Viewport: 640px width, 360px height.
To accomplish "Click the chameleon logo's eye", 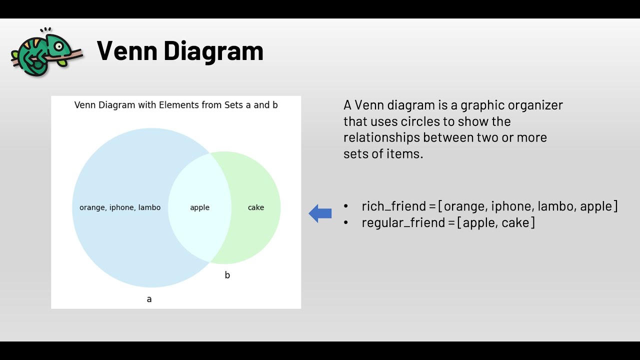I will [x=59, y=46].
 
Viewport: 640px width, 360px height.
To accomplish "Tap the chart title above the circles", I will [x=176, y=105].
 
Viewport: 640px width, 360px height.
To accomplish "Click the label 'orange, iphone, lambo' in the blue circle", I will [x=120, y=207].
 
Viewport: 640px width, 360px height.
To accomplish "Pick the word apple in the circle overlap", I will [x=199, y=207].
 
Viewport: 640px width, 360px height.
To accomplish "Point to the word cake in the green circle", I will [x=255, y=207].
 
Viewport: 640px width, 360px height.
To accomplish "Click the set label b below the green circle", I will [x=227, y=275].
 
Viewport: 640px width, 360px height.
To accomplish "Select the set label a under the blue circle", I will [x=149, y=299].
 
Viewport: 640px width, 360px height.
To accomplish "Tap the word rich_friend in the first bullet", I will [x=393, y=206].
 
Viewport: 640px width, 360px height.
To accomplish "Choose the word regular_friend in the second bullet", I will [x=403, y=222].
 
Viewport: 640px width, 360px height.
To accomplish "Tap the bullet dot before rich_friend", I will [x=346, y=206].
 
